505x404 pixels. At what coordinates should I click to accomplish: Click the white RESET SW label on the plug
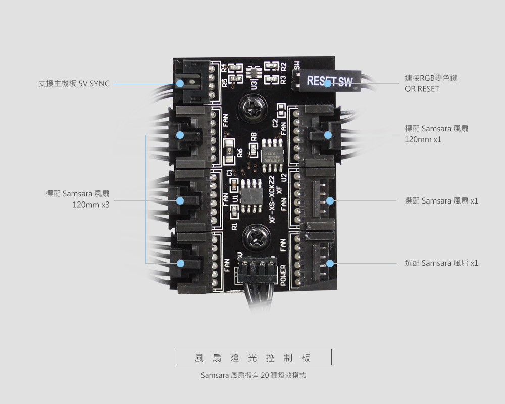pyautogui.click(x=329, y=81)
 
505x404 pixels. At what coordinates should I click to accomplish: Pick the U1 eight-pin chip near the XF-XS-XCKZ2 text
pyautogui.click(x=250, y=195)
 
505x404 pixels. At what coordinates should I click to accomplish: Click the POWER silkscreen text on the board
pyautogui.click(x=283, y=274)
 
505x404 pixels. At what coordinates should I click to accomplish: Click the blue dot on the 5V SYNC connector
pyautogui.click(x=180, y=83)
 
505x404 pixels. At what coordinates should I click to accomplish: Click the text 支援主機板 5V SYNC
pyautogui.click(x=74, y=83)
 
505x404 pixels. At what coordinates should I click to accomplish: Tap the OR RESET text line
pyautogui.click(x=422, y=89)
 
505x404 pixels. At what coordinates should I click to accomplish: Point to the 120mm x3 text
pyautogui.click(x=91, y=205)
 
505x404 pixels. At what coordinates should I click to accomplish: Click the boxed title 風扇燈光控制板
pyautogui.click(x=252, y=358)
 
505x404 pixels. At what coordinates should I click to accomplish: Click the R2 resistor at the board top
pyautogui.click(x=270, y=67)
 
